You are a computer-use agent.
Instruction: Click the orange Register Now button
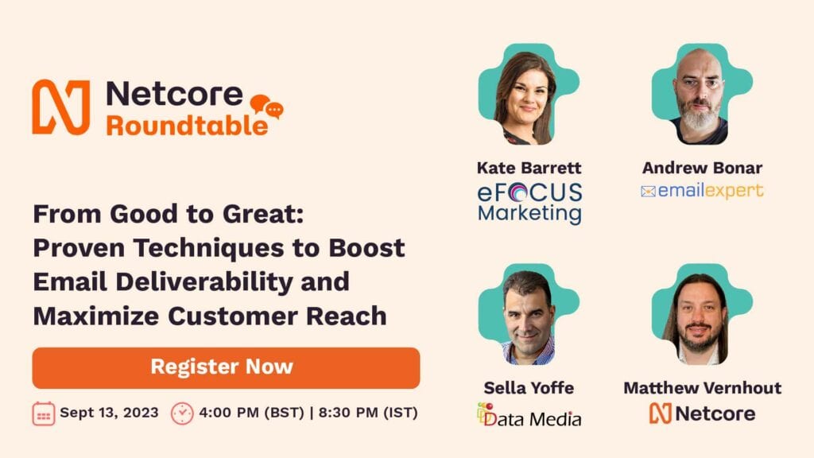tap(226, 367)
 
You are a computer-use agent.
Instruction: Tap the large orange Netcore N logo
tap(61, 107)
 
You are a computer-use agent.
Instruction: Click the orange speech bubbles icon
tap(267, 107)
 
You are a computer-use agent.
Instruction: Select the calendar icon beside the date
tap(44, 413)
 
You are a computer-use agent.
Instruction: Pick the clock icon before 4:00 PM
tap(182, 413)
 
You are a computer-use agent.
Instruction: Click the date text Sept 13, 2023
tap(109, 413)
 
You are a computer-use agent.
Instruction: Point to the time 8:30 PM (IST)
tap(368, 413)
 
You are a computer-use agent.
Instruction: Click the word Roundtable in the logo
tap(188, 125)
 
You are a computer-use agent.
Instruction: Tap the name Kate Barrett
tap(529, 168)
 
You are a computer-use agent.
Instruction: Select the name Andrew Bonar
tap(703, 168)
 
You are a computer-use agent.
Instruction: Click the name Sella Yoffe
tap(529, 387)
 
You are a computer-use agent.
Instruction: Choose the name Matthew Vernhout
tap(703, 387)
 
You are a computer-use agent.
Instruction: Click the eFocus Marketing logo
tap(529, 203)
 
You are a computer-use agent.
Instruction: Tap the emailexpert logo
tap(703, 191)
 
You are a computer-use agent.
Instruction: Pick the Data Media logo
tap(529, 415)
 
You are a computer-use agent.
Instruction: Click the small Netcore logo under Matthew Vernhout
tap(703, 413)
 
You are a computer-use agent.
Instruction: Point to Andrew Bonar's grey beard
tap(700, 118)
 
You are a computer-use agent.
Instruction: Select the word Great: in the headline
tap(263, 214)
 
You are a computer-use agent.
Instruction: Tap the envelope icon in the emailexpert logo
tap(648, 192)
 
